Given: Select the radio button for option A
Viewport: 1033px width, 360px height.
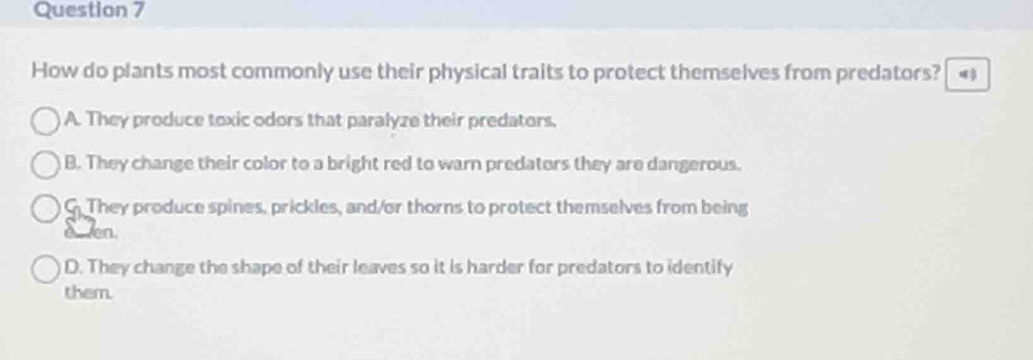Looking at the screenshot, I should point(45,121).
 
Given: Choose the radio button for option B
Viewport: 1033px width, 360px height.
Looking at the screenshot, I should point(45,165).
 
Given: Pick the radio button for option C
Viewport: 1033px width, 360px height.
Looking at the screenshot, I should point(45,208).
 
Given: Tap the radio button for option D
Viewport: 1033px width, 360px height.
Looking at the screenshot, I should point(45,269).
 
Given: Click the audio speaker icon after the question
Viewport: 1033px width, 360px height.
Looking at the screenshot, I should point(967,75).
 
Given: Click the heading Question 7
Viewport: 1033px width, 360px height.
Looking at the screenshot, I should point(89,10).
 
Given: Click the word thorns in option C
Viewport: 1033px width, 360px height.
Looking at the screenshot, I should point(434,207).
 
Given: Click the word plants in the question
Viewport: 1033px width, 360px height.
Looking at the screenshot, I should point(143,71).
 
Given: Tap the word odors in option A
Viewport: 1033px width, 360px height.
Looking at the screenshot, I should point(278,119).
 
